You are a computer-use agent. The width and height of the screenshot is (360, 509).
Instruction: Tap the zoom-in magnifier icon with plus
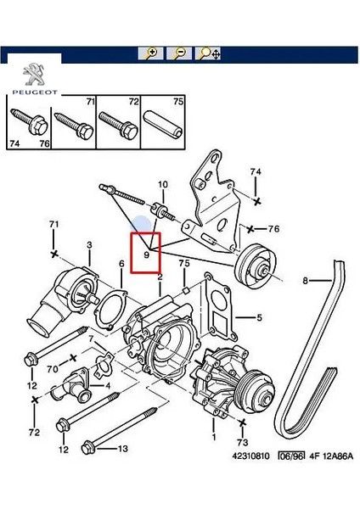point(151,53)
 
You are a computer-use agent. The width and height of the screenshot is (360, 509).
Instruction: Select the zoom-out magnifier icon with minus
point(179,53)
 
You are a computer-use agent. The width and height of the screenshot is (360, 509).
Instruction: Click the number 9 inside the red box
point(146,254)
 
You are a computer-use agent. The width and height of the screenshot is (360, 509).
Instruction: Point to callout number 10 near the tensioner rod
point(163,184)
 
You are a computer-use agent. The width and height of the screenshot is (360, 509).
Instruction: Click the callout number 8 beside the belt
point(306,279)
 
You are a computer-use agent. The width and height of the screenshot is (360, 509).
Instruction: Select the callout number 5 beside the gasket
point(259,319)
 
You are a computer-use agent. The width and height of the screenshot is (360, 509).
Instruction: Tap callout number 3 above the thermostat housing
point(88,246)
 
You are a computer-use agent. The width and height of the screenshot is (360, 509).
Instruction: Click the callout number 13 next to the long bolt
point(122,448)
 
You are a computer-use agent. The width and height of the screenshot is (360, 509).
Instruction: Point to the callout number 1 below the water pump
point(213,438)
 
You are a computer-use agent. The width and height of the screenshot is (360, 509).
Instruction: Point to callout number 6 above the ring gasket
point(121,264)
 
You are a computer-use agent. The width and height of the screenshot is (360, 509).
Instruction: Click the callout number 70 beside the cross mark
point(53,368)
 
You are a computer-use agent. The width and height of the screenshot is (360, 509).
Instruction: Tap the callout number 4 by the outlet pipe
point(107,385)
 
